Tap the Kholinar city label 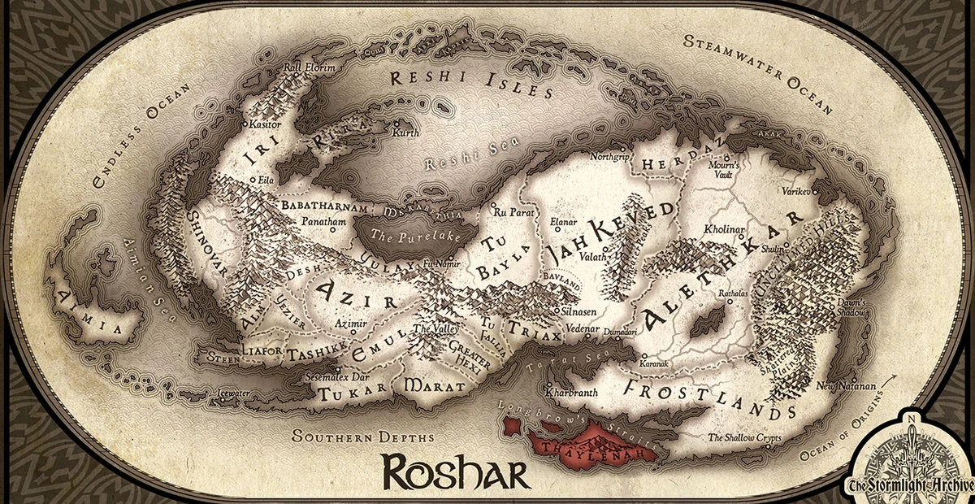coord(725,231)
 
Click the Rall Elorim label coord(309,67)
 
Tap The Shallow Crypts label coord(744,437)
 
